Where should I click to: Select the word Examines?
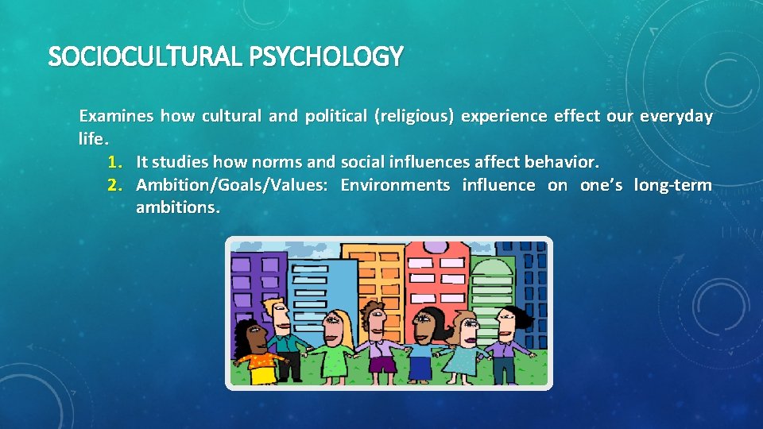point(115,116)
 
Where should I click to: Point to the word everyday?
point(676,116)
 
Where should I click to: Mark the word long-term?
point(672,185)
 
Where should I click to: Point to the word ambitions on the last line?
point(176,208)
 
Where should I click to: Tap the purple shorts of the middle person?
point(383,364)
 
